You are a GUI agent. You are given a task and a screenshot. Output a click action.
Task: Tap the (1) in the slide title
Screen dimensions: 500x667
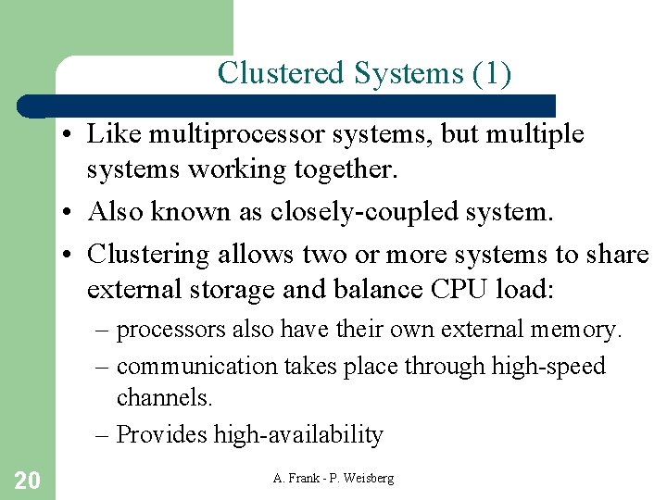tap(490, 72)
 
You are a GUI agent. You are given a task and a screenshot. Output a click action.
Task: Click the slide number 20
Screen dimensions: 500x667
tap(27, 480)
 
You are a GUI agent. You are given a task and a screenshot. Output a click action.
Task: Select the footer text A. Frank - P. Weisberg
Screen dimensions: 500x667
tap(333, 478)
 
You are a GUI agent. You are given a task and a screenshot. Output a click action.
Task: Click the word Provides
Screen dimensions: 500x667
tap(163, 434)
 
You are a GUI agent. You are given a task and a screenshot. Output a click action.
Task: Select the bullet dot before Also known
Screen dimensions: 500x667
tap(70, 213)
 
